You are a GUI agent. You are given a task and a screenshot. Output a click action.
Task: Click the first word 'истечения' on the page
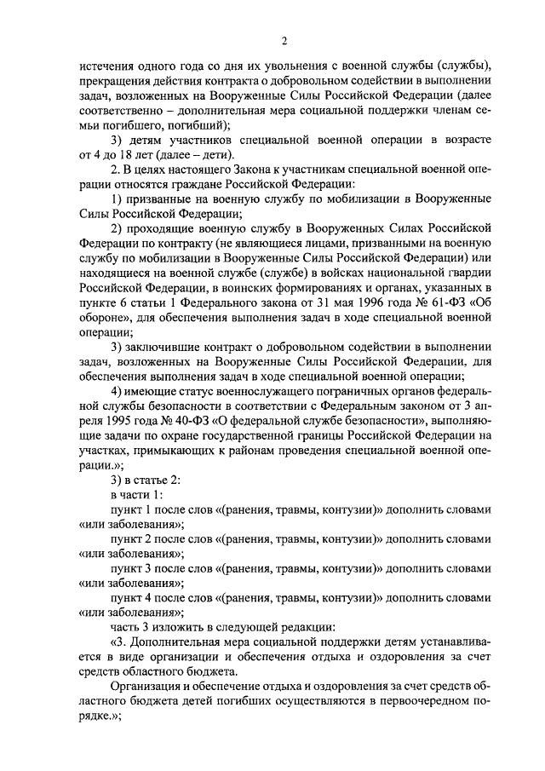(x=105, y=67)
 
